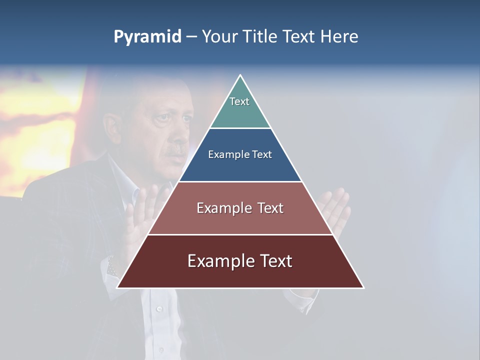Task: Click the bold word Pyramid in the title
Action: coord(147,37)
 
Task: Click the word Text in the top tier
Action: coord(239,101)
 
